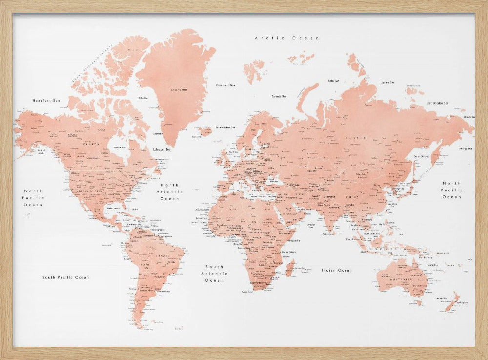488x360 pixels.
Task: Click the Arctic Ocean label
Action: (x=287, y=38)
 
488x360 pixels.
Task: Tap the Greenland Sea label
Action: (x=225, y=85)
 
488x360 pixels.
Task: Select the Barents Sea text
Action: (x=279, y=97)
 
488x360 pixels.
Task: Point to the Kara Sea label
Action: (x=334, y=81)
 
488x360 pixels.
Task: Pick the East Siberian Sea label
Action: (x=437, y=103)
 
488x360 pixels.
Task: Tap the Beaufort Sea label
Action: (x=46, y=100)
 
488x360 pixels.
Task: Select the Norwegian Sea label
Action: (x=226, y=127)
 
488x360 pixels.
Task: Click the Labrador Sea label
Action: (x=162, y=149)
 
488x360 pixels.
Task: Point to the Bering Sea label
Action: (x=465, y=148)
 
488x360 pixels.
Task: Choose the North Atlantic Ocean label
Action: (x=170, y=192)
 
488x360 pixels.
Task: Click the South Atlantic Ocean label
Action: (x=214, y=274)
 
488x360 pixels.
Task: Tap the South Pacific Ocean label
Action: (x=66, y=277)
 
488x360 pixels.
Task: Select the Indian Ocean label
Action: (x=337, y=270)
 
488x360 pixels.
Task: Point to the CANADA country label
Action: (x=91, y=144)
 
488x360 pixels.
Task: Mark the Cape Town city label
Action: (x=248, y=292)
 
